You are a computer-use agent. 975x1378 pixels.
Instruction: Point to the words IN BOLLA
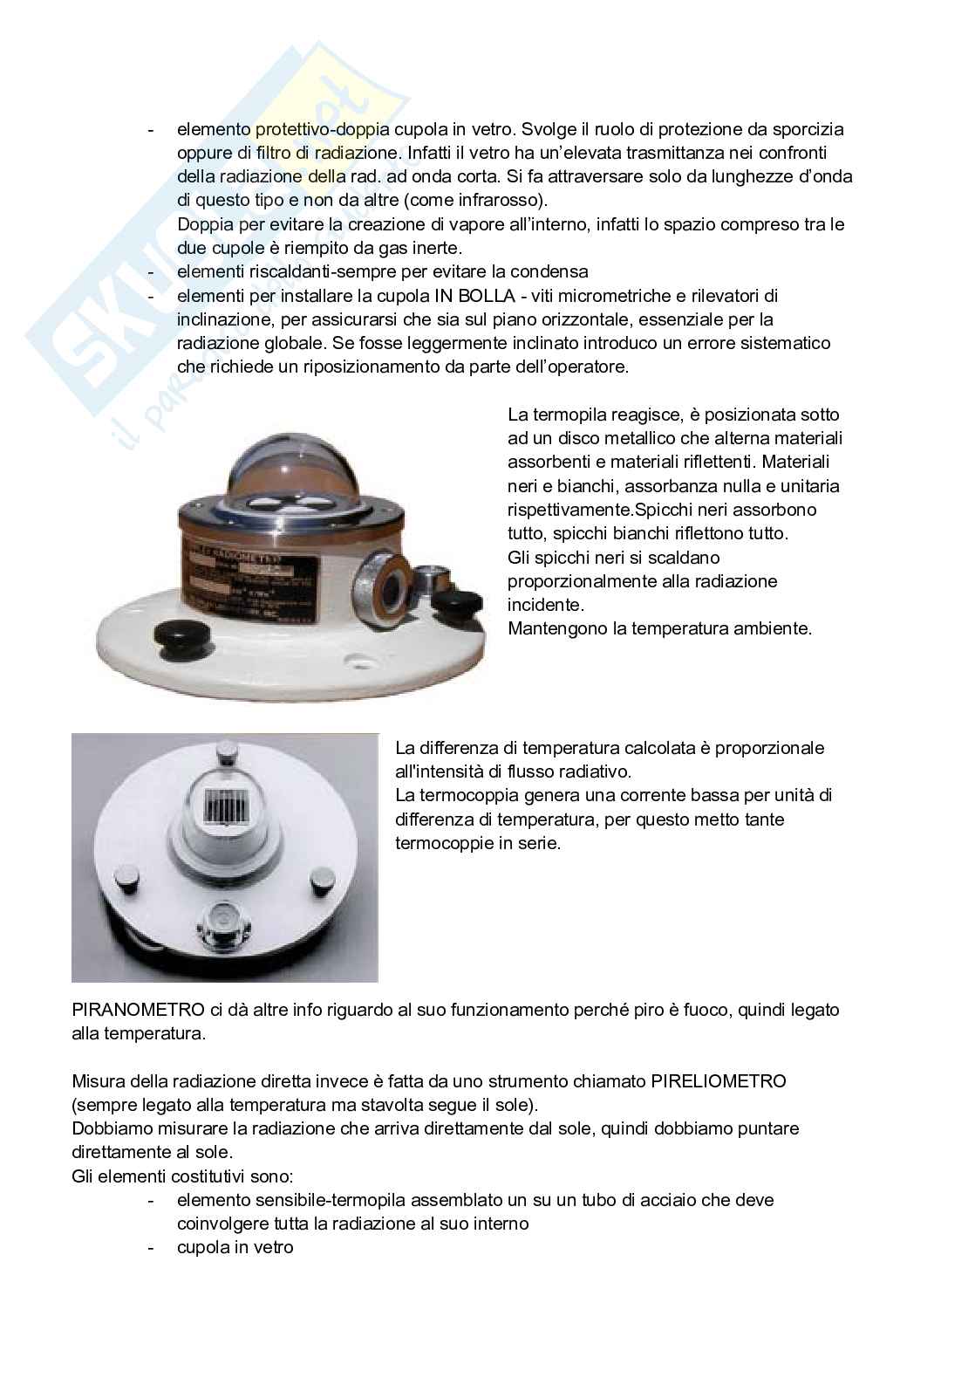[x=471, y=295]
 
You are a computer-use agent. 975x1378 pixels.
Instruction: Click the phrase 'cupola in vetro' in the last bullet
[x=235, y=1247]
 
